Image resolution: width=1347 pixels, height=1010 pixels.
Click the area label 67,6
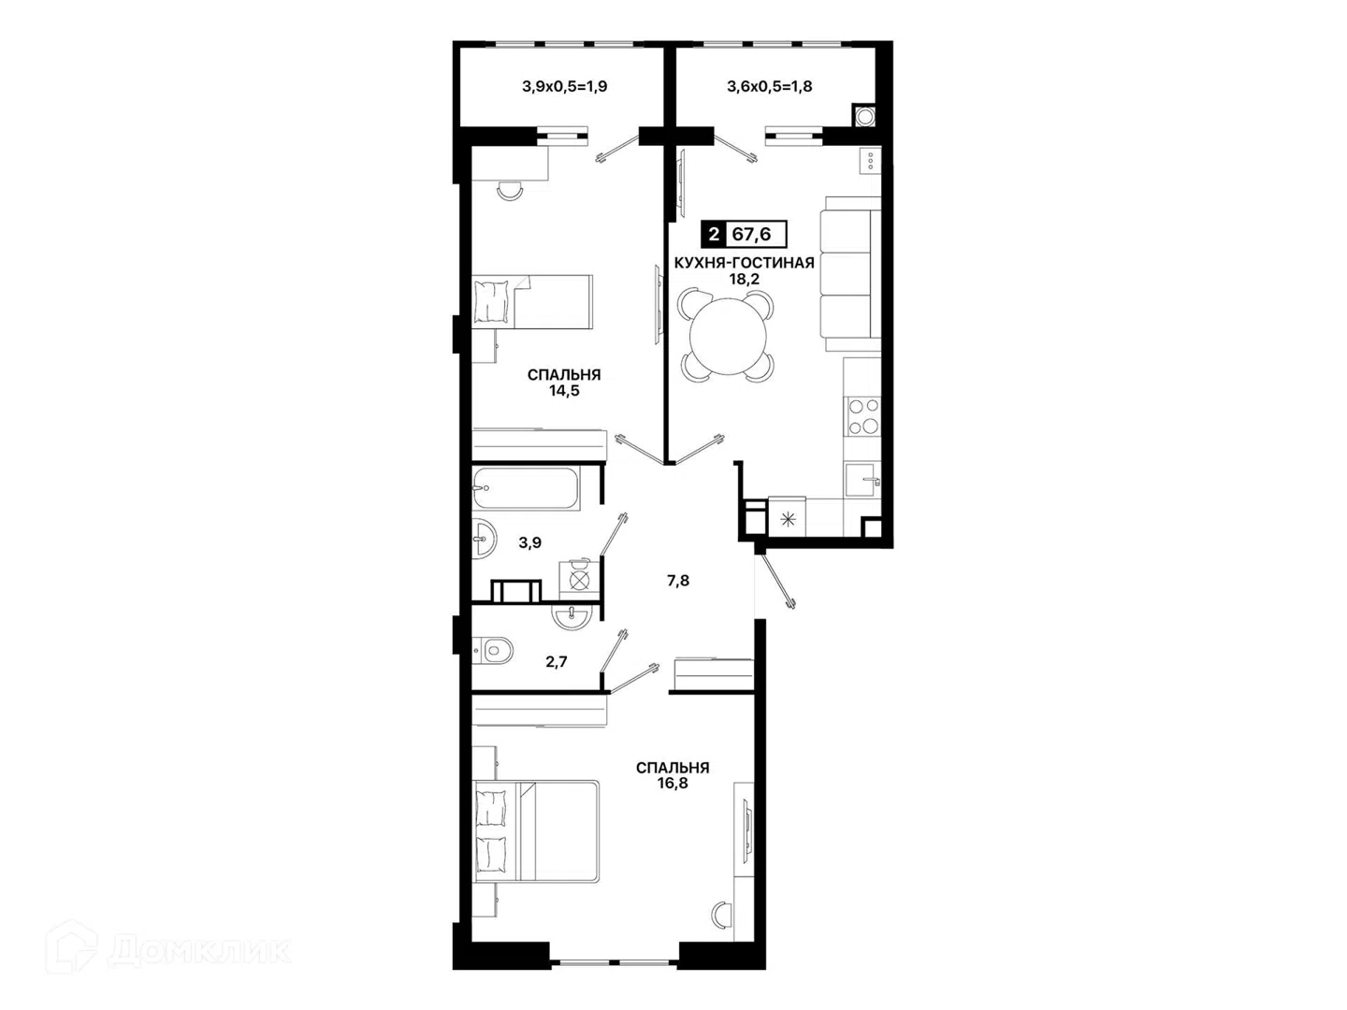pos(751,234)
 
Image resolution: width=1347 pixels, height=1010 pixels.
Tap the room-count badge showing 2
pos(713,234)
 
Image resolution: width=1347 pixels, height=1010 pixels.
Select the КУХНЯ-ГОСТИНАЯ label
pos(744,263)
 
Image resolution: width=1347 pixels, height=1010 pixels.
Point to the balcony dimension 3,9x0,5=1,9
pos(565,86)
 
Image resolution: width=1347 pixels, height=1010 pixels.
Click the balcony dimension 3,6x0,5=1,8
pos(770,86)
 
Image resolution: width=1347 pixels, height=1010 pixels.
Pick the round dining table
pos(728,336)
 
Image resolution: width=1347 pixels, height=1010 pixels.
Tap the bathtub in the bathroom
pos(527,489)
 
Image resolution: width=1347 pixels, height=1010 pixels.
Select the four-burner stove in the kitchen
pos(862,416)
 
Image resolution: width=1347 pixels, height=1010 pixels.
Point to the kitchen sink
pos(862,481)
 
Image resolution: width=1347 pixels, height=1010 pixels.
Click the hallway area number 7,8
pos(678,581)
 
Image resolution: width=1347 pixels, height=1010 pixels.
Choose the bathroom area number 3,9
pos(530,542)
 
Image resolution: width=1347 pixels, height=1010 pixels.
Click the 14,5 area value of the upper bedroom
pos(564,391)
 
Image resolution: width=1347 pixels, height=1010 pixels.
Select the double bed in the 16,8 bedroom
pos(535,831)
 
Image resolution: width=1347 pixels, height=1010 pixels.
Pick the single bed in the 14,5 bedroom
pos(532,301)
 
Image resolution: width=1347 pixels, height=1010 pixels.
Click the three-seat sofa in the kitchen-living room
pos(850,274)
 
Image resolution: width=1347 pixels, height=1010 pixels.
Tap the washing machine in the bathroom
pos(579,580)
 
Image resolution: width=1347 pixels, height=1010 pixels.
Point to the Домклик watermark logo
pos(168,951)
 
